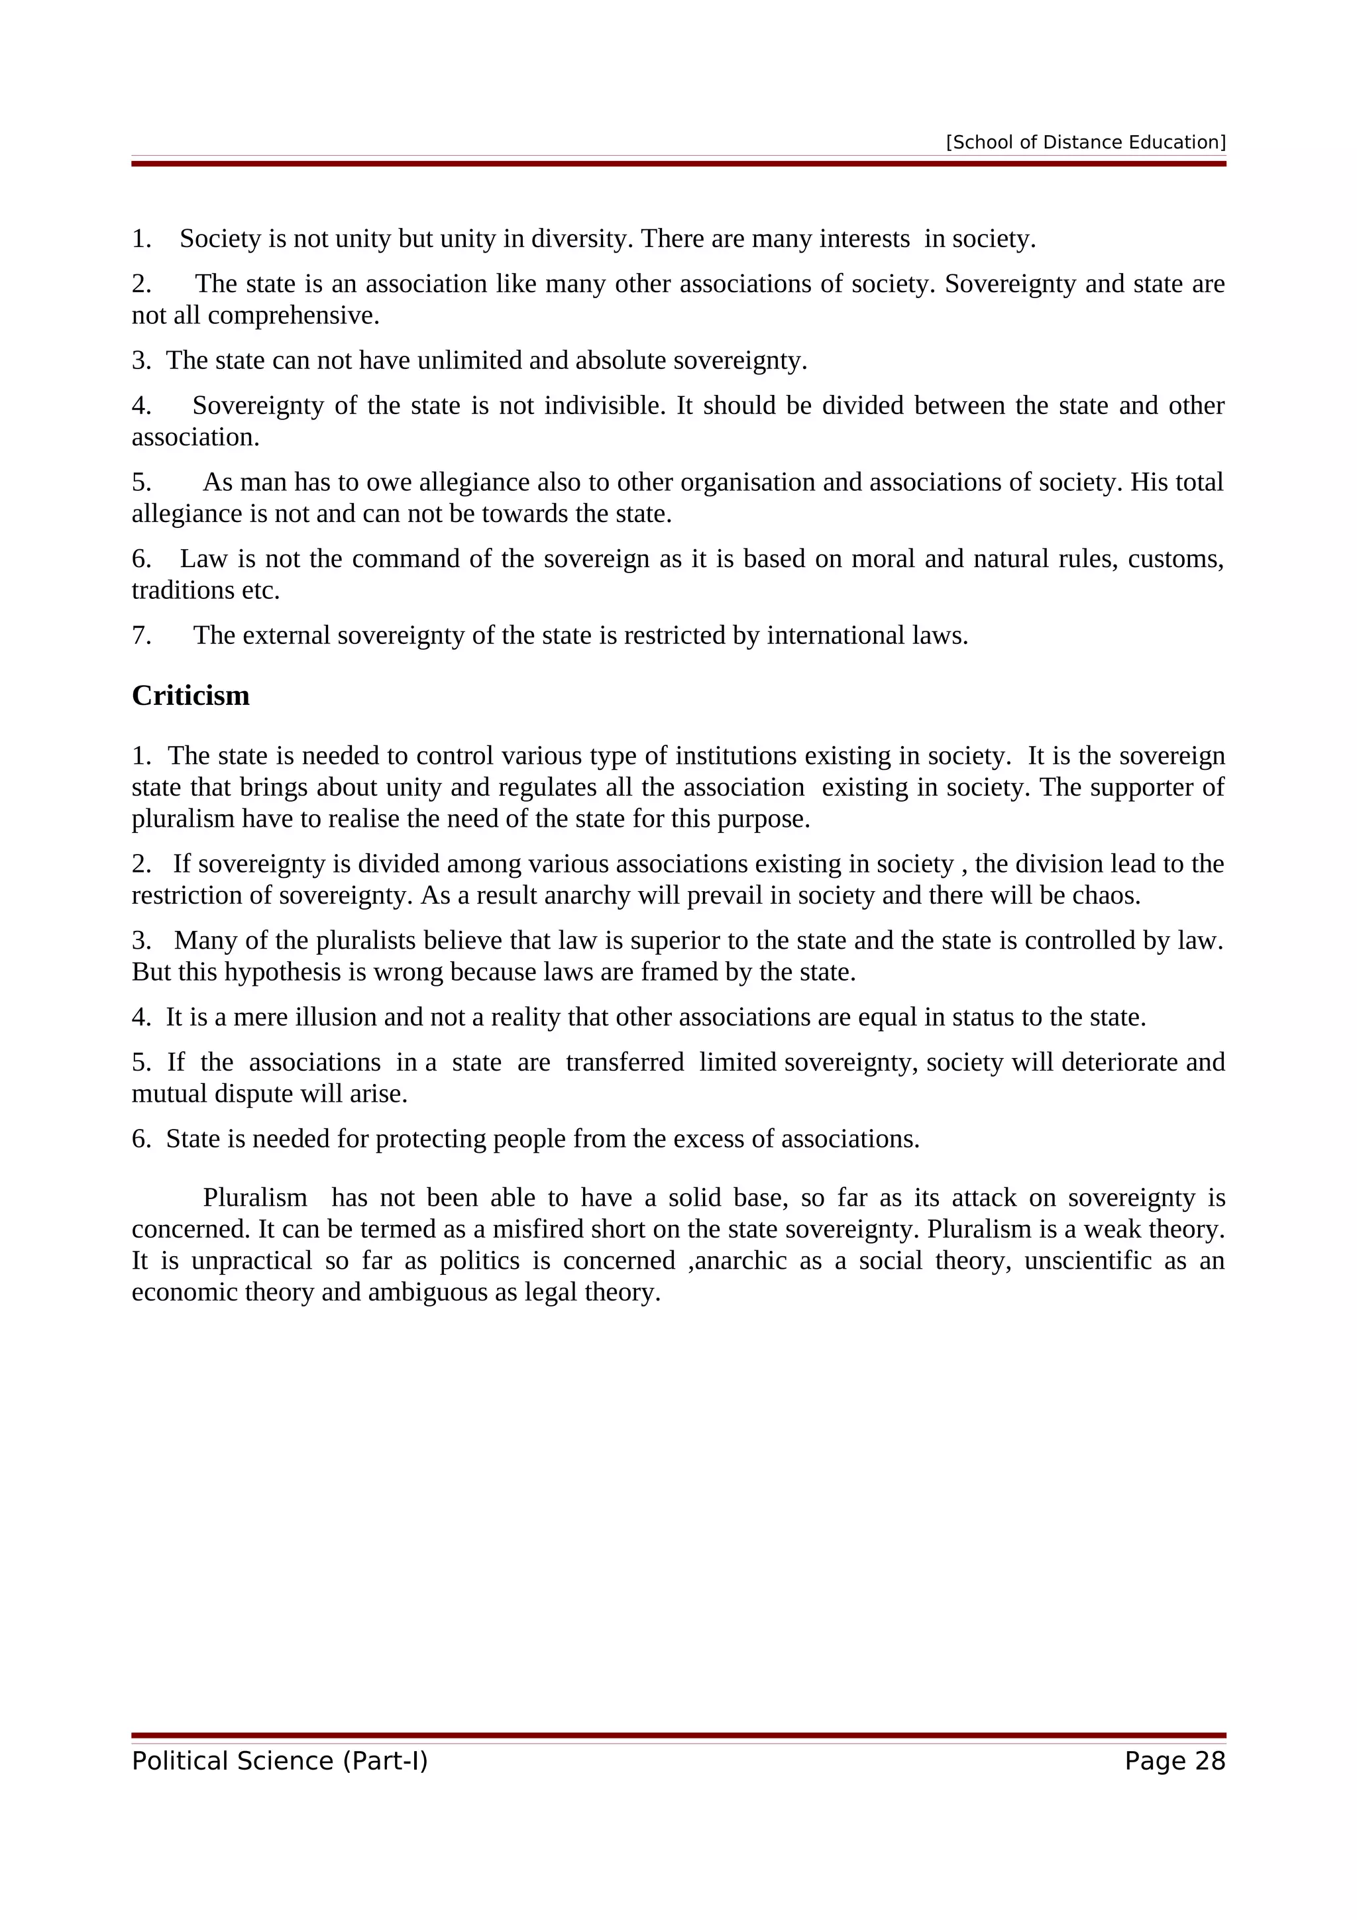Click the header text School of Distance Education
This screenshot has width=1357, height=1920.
[1085, 142]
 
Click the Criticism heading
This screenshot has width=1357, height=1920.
[191, 696]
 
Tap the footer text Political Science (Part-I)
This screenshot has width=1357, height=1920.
[279, 1760]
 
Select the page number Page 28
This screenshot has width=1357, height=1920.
[1174, 1760]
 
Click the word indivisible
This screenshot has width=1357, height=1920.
[604, 405]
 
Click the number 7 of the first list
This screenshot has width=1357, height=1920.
[140, 635]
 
